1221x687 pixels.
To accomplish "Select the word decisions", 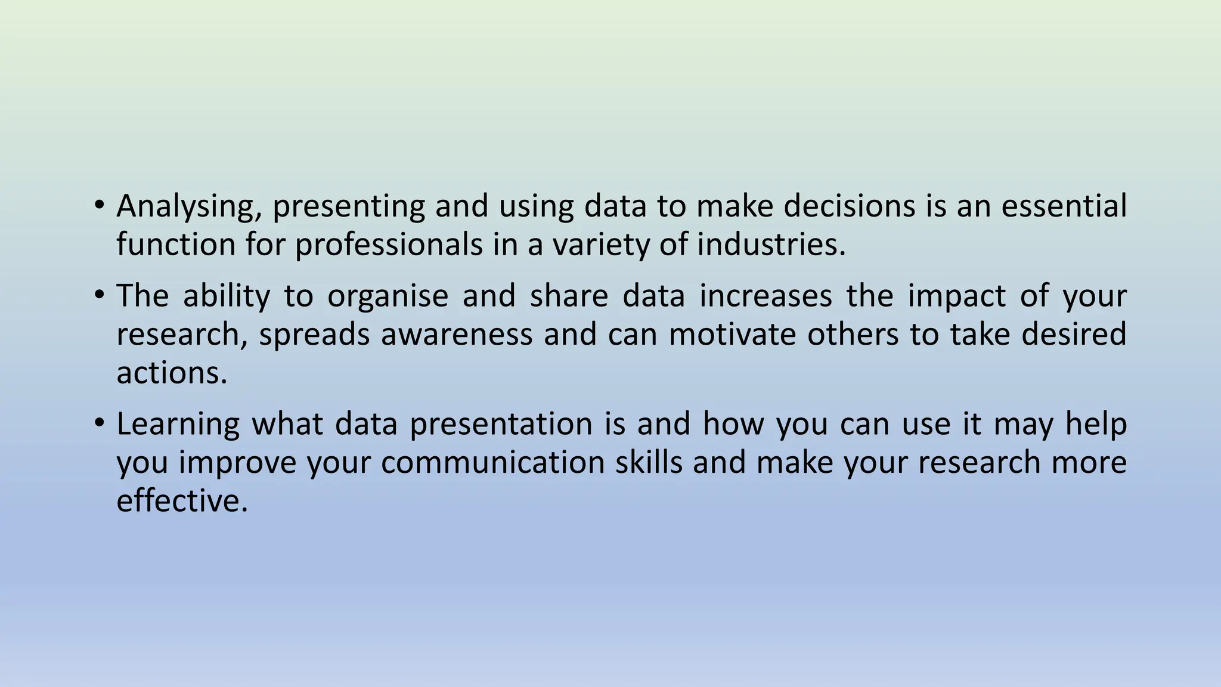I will coord(849,206).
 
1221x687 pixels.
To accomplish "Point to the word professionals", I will coord(389,245).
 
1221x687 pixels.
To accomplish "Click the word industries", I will coord(771,245).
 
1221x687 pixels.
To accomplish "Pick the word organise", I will coord(388,297).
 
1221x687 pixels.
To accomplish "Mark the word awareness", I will coord(457,334).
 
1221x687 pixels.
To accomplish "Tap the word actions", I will coord(172,373).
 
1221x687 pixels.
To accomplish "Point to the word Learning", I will coord(178,425).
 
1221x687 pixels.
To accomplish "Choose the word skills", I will coord(649,462).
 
